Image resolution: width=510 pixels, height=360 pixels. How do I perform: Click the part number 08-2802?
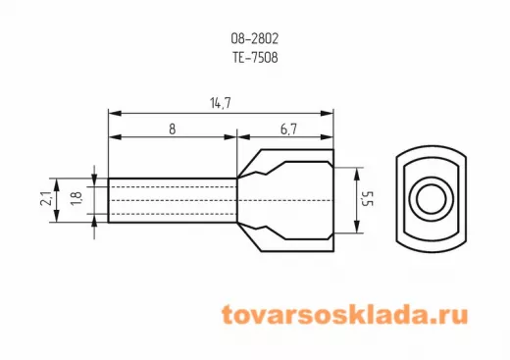pos(255,38)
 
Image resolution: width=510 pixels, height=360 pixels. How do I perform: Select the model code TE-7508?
pos(255,58)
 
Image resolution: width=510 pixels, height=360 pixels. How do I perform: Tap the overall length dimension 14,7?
pos(221,103)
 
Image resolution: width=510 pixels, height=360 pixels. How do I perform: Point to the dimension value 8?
pos(173,129)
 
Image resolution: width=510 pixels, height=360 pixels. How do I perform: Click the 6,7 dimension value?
pos(288,129)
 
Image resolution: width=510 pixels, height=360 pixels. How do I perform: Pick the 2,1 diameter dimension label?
pos(46,198)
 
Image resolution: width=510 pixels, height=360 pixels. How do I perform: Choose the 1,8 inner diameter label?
pos(76,198)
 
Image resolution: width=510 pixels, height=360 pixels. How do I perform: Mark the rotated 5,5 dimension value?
pos(368,199)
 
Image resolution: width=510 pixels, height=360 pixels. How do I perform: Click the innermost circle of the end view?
pos(432,199)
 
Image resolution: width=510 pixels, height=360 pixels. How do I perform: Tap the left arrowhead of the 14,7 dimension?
pos(115,114)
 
